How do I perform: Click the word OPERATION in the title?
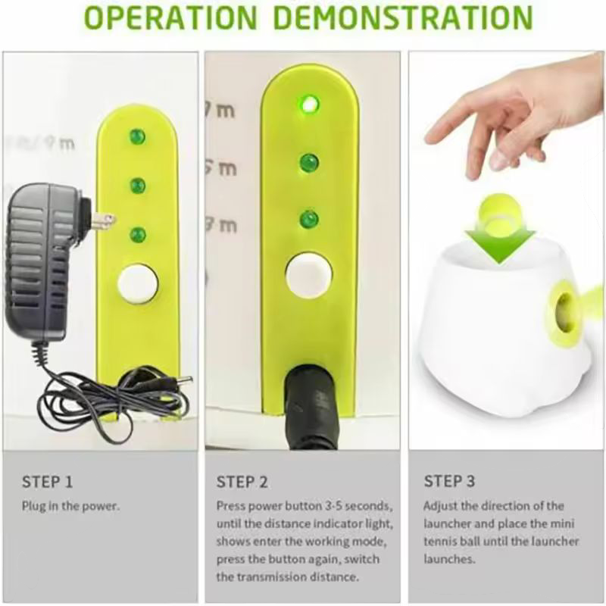(170, 17)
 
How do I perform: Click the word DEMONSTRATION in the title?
(404, 17)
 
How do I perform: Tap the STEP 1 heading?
(47, 482)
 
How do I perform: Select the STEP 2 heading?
(242, 482)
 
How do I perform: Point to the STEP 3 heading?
(449, 481)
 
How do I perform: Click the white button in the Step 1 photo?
(138, 283)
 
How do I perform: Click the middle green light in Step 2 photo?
(309, 163)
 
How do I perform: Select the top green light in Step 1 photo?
(137, 136)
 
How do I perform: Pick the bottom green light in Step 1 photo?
(138, 235)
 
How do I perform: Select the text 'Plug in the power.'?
(70, 506)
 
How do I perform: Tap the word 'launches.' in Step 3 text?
(449, 559)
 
